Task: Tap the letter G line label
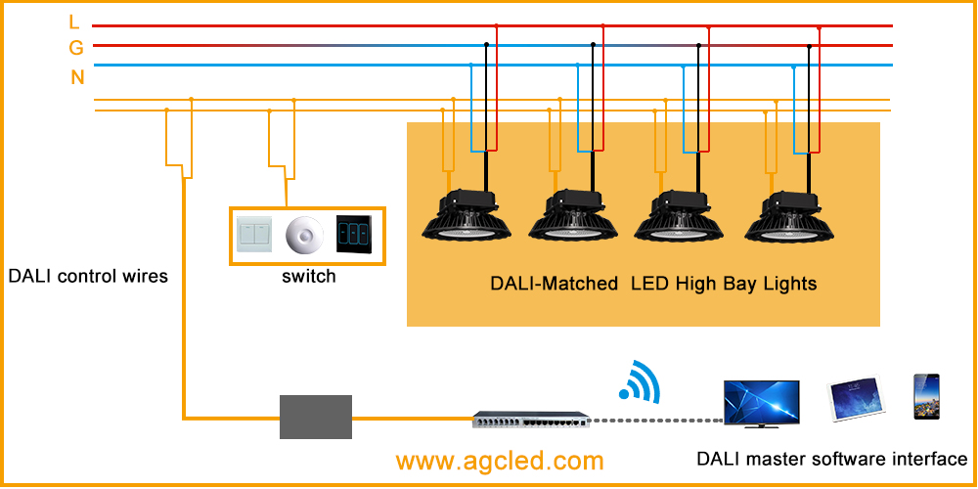pos(75,48)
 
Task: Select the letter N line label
pos(77,77)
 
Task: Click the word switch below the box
pos(308,277)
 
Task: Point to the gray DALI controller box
pos(316,417)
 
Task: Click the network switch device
pos(529,420)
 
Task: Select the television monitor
pos(761,403)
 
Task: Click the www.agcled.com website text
pos(500,461)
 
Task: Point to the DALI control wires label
pos(88,276)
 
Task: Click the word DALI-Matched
pos(554,284)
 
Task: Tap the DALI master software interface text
pos(831,459)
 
